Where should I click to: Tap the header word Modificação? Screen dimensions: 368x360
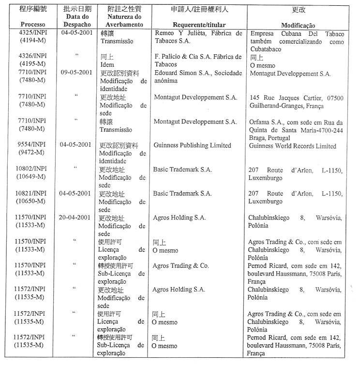(x=298, y=25)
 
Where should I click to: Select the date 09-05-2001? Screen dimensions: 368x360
(x=76, y=73)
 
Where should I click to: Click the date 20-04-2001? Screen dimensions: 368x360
(x=76, y=218)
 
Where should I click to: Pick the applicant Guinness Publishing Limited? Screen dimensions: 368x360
(x=193, y=146)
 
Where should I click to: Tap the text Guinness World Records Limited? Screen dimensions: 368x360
(x=292, y=146)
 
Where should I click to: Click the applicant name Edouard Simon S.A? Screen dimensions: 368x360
(x=179, y=73)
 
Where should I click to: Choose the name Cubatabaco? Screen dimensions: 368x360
(x=267, y=49)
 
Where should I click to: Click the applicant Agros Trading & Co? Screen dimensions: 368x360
(x=180, y=266)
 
